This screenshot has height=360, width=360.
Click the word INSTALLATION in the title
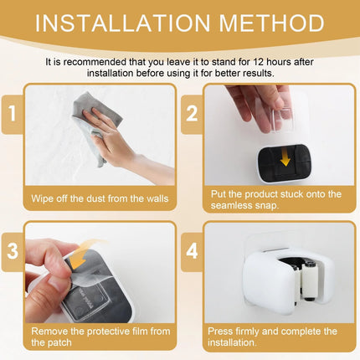[x=123, y=23]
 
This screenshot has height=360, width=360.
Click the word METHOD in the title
[x=272, y=23]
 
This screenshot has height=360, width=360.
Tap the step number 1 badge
[x=13, y=114]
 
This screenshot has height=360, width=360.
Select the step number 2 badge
[x=192, y=114]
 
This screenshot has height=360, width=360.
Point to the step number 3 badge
[x=13, y=251]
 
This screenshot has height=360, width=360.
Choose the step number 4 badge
[x=192, y=251]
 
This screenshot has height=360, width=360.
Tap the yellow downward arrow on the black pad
[x=285, y=158]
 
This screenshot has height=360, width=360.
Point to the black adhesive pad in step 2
[x=282, y=163]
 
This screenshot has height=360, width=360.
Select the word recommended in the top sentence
[x=95, y=62]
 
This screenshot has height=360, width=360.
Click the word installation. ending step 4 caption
[x=232, y=342]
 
